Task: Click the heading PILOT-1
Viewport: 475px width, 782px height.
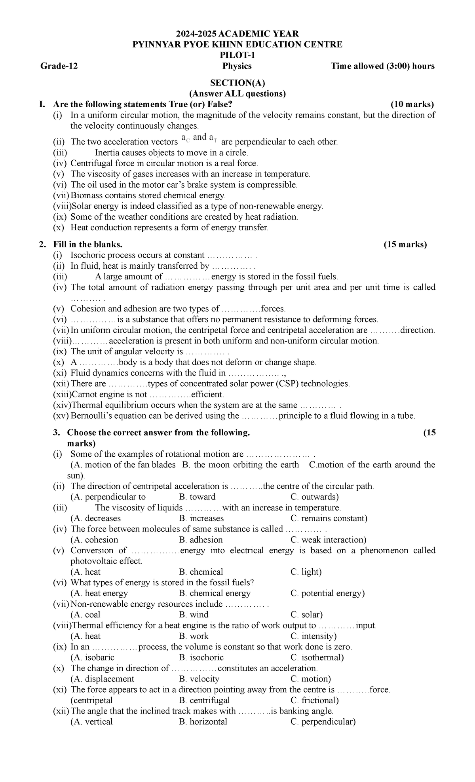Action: [x=237, y=55]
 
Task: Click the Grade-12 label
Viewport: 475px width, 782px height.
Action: [x=59, y=66]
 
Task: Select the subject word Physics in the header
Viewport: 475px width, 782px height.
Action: [x=237, y=66]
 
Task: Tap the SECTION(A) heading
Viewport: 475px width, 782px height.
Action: [x=237, y=83]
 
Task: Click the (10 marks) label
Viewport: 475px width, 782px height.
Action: [x=412, y=104]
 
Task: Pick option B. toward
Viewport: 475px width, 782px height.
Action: [x=197, y=497]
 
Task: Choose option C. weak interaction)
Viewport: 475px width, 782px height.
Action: [x=328, y=540]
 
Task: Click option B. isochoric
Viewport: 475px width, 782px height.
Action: [x=201, y=657]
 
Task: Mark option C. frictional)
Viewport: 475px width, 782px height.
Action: [x=315, y=700]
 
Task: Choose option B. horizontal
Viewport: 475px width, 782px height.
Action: [x=203, y=721]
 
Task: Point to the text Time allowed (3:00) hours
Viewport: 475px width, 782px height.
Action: [x=382, y=66]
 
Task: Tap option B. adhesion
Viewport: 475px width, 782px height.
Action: [x=201, y=540]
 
